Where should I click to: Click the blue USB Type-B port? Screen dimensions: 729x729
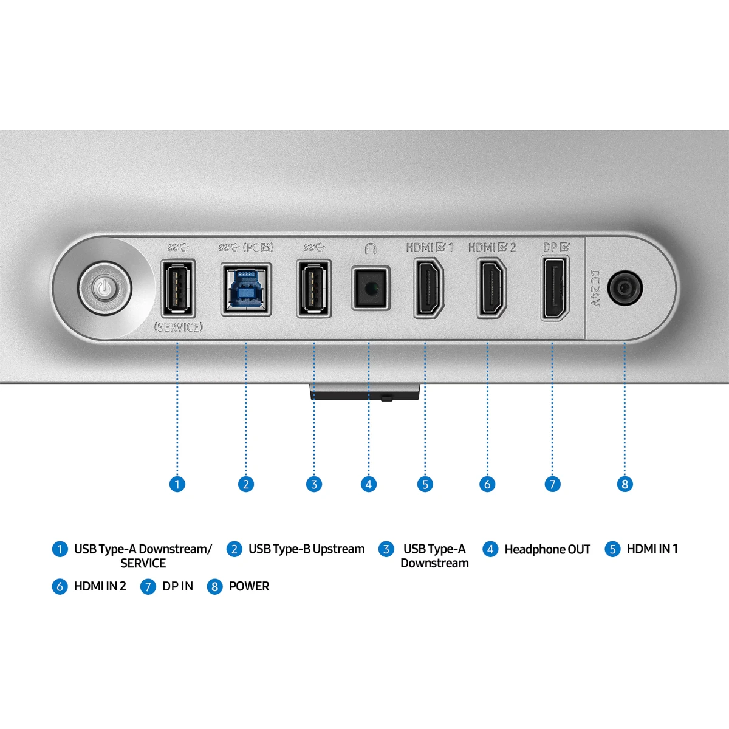246,289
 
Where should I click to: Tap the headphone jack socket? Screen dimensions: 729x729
371,289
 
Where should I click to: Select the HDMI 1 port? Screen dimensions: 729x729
429,287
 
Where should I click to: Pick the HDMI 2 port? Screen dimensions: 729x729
491,287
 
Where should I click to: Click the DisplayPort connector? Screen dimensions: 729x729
555,288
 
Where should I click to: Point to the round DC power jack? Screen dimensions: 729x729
625,288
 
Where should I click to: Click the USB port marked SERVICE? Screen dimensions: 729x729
178,289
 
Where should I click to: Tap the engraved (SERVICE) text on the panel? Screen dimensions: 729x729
178,327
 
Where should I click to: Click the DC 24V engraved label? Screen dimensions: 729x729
595,288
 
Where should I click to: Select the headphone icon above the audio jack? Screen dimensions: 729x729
371,248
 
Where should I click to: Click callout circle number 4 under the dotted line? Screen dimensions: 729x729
369,484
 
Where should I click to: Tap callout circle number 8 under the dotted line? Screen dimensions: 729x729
625,484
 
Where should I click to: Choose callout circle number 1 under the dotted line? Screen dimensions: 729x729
177,484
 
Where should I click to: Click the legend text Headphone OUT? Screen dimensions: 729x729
547,550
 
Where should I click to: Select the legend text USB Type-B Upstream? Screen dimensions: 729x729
306,549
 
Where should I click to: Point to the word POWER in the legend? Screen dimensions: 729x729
249,586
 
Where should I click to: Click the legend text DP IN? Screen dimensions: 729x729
178,586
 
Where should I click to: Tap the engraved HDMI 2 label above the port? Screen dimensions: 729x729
492,247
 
